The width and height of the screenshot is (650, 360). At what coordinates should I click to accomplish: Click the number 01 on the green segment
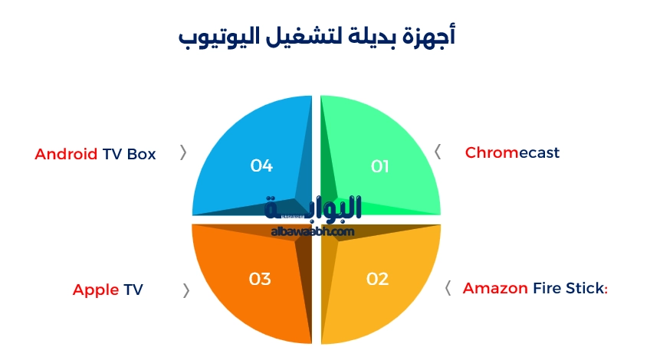pyautogui.click(x=380, y=166)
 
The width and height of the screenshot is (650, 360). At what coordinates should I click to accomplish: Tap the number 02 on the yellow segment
pyautogui.click(x=377, y=279)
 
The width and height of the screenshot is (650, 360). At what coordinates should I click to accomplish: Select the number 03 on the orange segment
pyautogui.click(x=260, y=279)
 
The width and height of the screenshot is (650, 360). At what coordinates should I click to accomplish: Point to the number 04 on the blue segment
pyautogui.click(x=261, y=165)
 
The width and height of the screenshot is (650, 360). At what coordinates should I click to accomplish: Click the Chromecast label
pyautogui.click(x=512, y=152)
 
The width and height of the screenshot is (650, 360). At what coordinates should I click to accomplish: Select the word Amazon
pyautogui.click(x=495, y=289)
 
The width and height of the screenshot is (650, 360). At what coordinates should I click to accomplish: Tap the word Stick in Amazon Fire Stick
pyautogui.click(x=586, y=289)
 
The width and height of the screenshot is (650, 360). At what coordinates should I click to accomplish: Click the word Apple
pyautogui.click(x=96, y=290)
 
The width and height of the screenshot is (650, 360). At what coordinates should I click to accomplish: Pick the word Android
pyautogui.click(x=66, y=154)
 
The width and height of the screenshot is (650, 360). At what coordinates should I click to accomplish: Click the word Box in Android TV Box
pyautogui.click(x=141, y=154)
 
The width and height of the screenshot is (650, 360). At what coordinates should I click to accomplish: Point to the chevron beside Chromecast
pyautogui.click(x=438, y=152)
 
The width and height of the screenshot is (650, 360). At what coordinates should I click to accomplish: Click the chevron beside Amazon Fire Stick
pyautogui.click(x=448, y=288)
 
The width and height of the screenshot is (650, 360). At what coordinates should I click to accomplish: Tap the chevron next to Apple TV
pyautogui.click(x=186, y=290)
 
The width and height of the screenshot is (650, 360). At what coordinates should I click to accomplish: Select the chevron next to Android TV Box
pyautogui.click(x=183, y=152)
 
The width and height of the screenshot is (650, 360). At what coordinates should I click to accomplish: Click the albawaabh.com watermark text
pyautogui.click(x=312, y=231)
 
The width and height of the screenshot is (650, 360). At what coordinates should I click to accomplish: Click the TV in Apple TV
pyautogui.click(x=133, y=290)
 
